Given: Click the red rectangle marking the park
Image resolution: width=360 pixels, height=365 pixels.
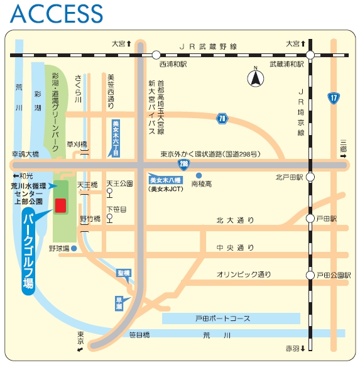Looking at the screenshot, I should pos(61,205).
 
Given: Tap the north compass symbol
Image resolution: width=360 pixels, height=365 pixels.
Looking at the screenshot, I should pos(256,79).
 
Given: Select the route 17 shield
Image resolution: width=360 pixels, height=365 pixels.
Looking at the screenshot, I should pos(332,97).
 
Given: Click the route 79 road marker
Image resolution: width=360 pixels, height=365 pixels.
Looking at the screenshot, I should pos(222,119).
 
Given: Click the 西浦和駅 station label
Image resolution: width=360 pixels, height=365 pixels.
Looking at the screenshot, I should pos(174,64).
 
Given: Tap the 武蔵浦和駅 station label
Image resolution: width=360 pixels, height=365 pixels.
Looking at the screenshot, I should pos(286,64).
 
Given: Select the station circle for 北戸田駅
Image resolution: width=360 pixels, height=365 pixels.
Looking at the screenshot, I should pos(310,177).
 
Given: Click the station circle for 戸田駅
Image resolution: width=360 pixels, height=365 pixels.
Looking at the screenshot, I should pos(310,219).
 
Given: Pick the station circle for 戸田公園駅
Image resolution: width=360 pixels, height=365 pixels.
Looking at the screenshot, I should pos(310,275).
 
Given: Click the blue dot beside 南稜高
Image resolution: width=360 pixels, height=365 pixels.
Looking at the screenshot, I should pos(199,175).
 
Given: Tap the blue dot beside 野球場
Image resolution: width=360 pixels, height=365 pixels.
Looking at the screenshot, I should pos(74,248).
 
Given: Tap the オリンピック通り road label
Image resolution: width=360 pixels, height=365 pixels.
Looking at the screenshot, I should pos(244,275).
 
